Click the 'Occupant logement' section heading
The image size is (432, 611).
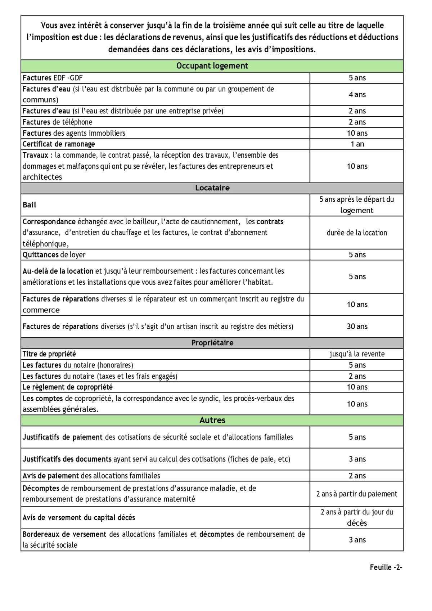point(212,66)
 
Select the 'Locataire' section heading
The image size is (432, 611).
point(212,188)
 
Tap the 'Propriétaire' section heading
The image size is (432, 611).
point(212,343)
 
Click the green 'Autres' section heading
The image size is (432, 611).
point(212,420)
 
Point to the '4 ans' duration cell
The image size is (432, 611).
point(357,95)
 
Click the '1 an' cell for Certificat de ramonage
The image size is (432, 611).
point(357,144)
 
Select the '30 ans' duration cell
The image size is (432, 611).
point(357,327)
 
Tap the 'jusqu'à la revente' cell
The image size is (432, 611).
point(357,354)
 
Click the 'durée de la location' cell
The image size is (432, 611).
point(357,233)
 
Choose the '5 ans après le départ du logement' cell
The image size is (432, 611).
point(357,205)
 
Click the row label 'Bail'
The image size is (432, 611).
point(30,205)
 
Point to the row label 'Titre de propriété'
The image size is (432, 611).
point(49,354)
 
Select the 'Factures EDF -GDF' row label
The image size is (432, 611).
point(53,78)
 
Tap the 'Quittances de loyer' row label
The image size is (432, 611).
point(54,255)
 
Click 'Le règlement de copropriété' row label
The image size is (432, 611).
point(68,387)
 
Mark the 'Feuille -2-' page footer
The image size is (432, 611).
point(386,567)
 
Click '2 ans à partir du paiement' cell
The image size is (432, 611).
point(357,494)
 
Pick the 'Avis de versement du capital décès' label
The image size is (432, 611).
point(79,518)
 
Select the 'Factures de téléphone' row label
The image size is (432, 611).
point(57,122)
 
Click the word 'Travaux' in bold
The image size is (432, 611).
point(35,155)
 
